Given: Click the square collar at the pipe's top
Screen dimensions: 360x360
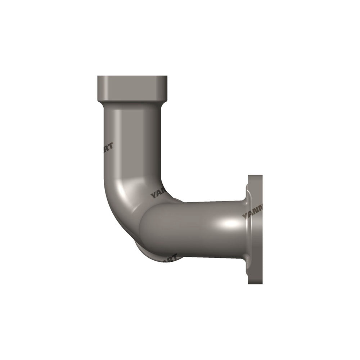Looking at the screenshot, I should click(132, 88).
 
